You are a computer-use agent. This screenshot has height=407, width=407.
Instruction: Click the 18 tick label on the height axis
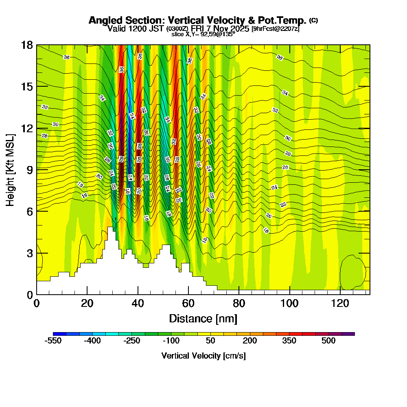tap(27, 45)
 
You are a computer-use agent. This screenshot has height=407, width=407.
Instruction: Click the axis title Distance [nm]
tap(203, 318)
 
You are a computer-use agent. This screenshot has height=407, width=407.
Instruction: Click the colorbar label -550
tap(53, 341)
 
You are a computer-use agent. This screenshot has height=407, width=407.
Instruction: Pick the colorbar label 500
tap(328, 341)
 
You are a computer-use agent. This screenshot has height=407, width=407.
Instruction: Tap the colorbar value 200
tap(250, 341)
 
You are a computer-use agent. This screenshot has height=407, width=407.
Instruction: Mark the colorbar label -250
tap(131, 341)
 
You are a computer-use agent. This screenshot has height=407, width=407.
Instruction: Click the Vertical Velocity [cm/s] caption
tap(203, 356)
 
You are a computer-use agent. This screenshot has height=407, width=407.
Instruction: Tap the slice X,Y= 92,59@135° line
tap(203, 35)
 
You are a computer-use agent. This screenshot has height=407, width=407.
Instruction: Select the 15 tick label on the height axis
tap(27, 87)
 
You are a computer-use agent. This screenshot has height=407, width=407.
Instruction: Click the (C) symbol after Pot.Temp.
tap(313, 20)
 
